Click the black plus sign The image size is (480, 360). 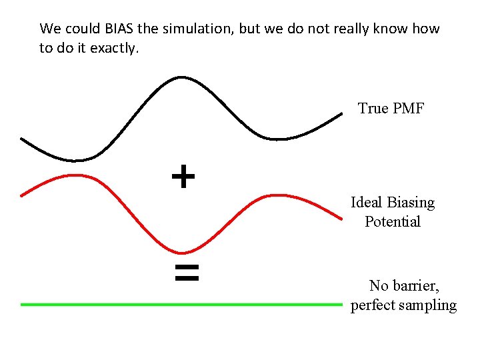click(x=183, y=177)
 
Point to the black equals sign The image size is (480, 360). click(x=187, y=272)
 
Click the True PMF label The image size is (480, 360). click(x=391, y=108)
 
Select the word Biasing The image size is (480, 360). click(x=410, y=202)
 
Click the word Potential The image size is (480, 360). click(x=393, y=221)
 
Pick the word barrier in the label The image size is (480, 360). click(x=415, y=286)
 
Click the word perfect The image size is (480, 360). click(x=374, y=305)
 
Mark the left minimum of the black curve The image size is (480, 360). click(x=75, y=160)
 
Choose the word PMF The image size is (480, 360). click(x=409, y=108)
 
